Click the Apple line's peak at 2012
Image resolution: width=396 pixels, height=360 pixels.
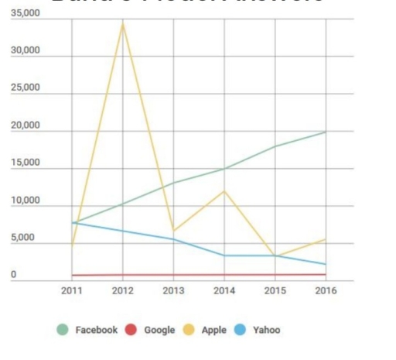(x=122, y=23)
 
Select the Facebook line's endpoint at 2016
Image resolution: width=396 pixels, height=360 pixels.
(x=326, y=132)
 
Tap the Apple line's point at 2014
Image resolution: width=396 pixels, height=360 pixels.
(x=224, y=190)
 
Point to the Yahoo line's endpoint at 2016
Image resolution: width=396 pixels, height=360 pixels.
(x=326, y=265)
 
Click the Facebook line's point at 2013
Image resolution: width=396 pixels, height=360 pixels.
(x=173, y=183)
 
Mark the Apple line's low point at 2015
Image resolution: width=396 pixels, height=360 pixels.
(x=275, y=256)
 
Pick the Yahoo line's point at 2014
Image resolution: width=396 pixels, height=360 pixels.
(x=224, y=255)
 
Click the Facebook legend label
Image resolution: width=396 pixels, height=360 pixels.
(x=96, y=330)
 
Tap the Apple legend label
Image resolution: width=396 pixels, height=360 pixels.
(x=213, y=330)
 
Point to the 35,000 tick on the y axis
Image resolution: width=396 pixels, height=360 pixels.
(x=26, y=16)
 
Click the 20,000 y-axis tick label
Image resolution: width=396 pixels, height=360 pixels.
(x=26, y=126)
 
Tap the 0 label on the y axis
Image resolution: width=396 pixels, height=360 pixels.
(x=13, y=275)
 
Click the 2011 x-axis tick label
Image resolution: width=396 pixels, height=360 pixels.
(x=72, y=291)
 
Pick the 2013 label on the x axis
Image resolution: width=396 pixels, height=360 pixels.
(x=173, y=291)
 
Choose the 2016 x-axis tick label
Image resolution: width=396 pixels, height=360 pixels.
(x=326, y=291)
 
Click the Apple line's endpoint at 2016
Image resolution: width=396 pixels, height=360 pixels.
(x=326, y=239)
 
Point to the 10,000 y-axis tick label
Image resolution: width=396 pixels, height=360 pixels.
(x=26, y=201)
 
